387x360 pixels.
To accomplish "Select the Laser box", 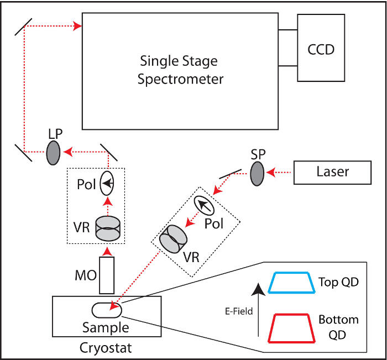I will pos(332,172).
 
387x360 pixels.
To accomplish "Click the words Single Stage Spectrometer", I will pos(180,70).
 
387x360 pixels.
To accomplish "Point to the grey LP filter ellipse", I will pos(53,152).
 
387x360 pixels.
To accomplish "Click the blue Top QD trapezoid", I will pos(291,282).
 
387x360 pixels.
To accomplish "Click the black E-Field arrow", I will pos(258,310).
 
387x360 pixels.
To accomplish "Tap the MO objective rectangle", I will pos(107,275).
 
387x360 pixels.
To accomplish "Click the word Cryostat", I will pos(106,348).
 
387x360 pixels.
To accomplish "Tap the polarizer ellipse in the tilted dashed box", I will pos(205,207).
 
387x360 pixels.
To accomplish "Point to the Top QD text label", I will pos(338,282).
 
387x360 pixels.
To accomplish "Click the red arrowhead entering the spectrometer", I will pos(77,25).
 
